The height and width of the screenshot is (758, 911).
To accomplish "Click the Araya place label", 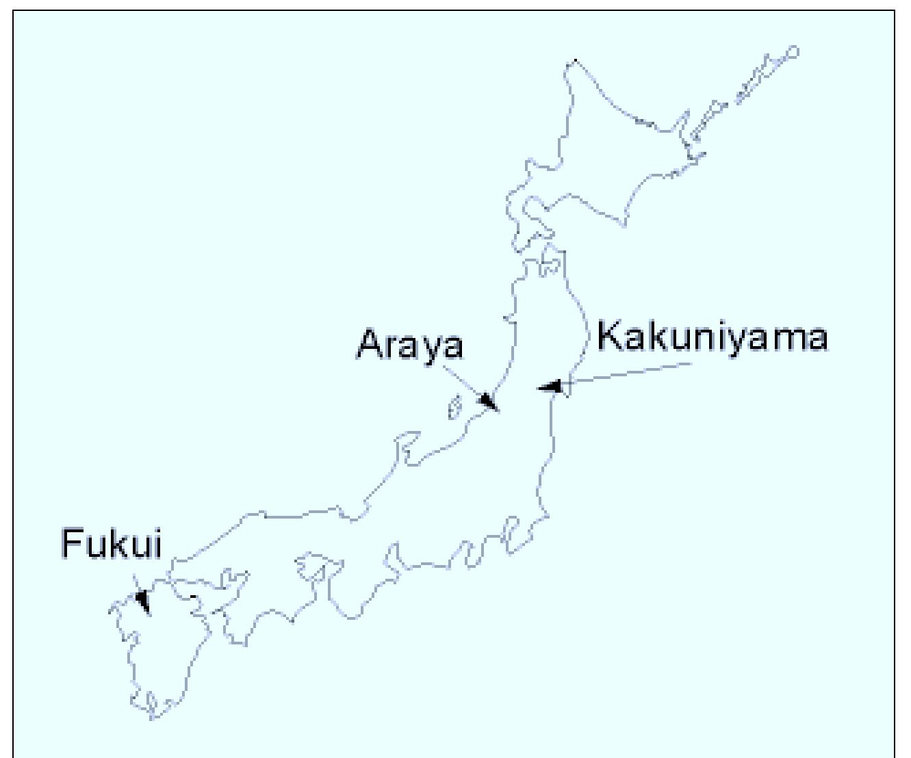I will (409, 345).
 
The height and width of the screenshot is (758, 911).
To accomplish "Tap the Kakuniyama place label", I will (712, 337).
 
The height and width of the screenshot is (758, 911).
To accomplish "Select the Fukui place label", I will (112, 545).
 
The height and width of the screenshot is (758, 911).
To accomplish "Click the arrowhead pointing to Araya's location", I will (487, 401).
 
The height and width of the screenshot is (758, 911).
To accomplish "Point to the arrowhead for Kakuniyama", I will (550, 387).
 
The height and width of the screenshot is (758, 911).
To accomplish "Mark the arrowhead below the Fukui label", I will (142, 601).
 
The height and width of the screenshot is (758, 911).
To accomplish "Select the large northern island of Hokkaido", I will (602, 157).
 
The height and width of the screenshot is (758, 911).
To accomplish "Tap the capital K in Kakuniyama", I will (611, 337).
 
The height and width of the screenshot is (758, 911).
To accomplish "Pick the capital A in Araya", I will (369, 345).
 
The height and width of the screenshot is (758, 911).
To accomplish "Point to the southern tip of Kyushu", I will (152, 715).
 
